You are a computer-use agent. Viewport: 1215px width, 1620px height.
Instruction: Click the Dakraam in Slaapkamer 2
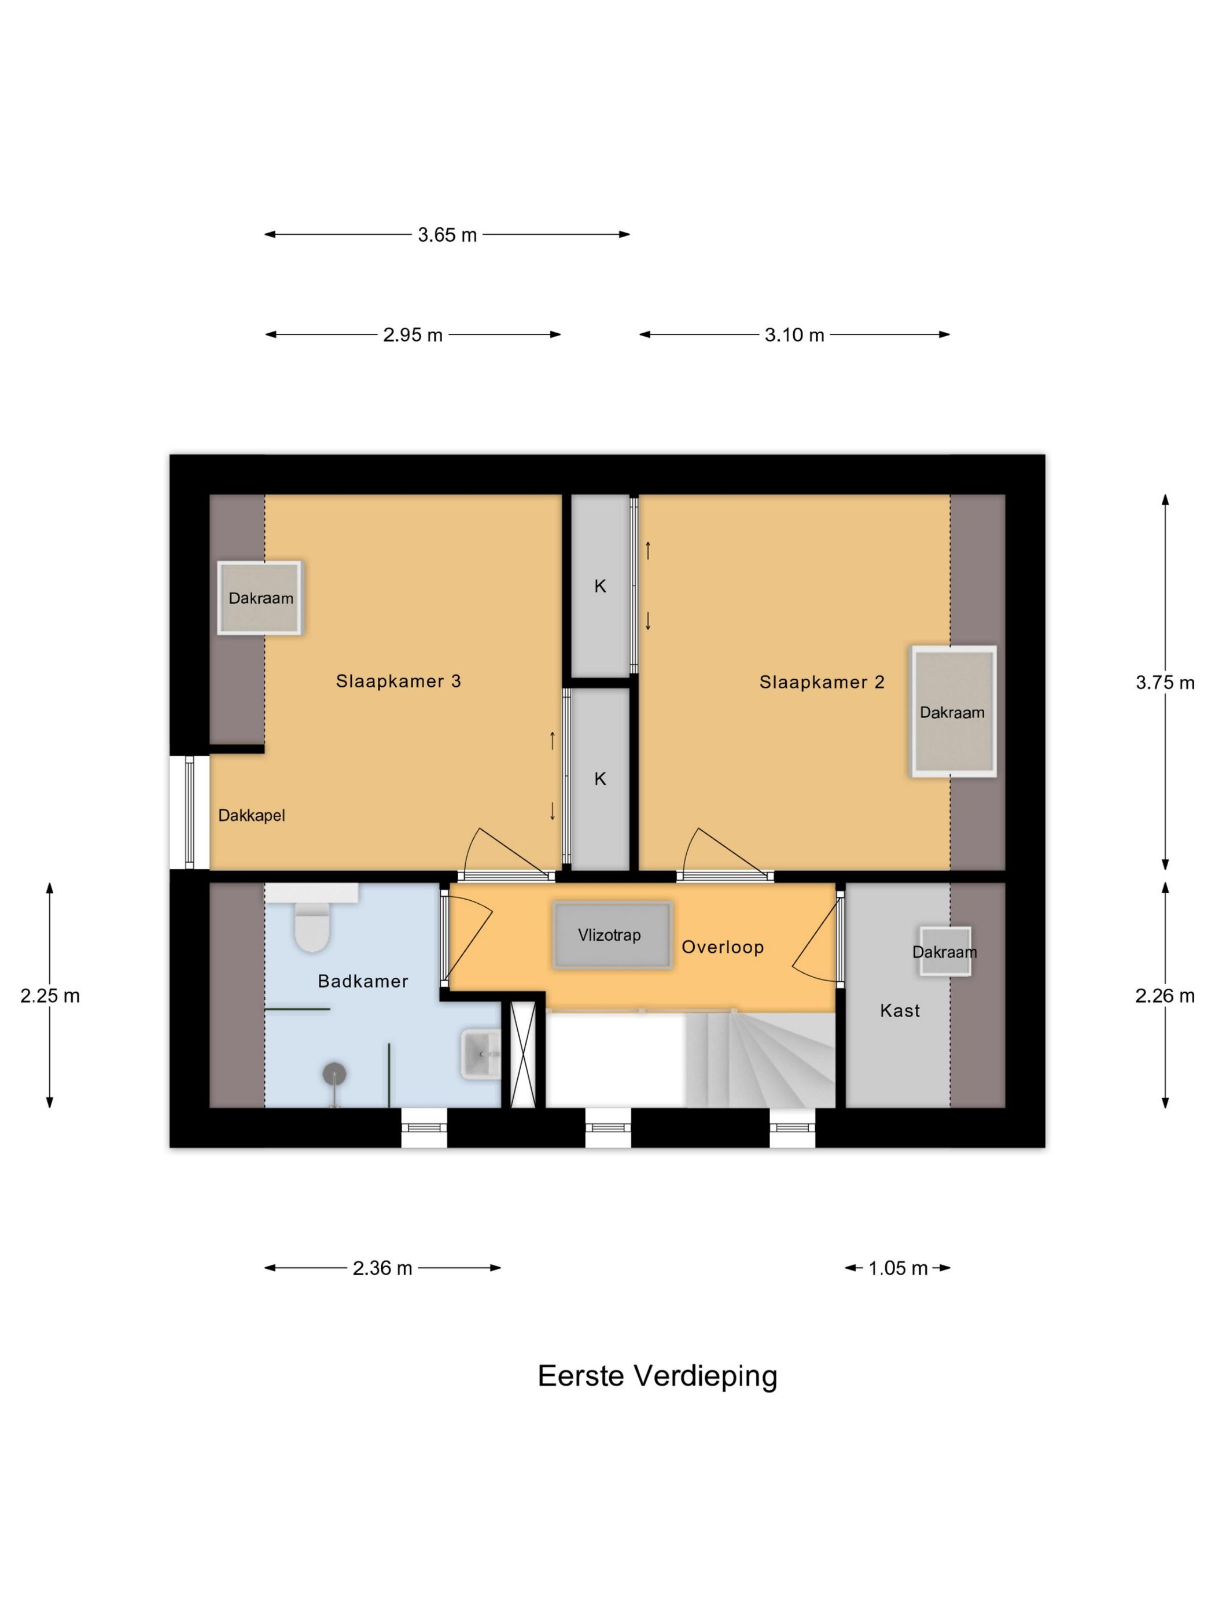coord(953,711)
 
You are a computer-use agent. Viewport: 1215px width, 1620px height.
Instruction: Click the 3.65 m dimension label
coord(447,235)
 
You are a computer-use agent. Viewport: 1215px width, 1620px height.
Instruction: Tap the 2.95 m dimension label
coord(413,334)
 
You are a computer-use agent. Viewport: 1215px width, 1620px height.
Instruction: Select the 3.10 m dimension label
coord(794,334)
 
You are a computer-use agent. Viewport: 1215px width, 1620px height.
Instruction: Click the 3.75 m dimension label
coord(1165,683)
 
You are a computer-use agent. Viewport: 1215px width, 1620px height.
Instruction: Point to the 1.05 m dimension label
coord(898,1268)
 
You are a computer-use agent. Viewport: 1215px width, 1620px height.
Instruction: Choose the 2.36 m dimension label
coord(382,1268)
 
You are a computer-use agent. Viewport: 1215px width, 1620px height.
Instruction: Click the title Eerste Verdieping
coord(657,1376)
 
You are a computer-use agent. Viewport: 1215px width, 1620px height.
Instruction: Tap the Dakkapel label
coord(251,815)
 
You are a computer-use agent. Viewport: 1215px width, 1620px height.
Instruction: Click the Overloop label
coord(722,947)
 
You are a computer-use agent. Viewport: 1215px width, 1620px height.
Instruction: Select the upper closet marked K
coord(600,586)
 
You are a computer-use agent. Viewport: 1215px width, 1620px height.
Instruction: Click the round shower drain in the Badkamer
coord(334,1074)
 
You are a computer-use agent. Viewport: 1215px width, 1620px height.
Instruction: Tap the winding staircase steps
coord(761,1058)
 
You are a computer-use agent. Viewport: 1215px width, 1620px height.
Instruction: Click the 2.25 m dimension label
coord(50,995)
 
